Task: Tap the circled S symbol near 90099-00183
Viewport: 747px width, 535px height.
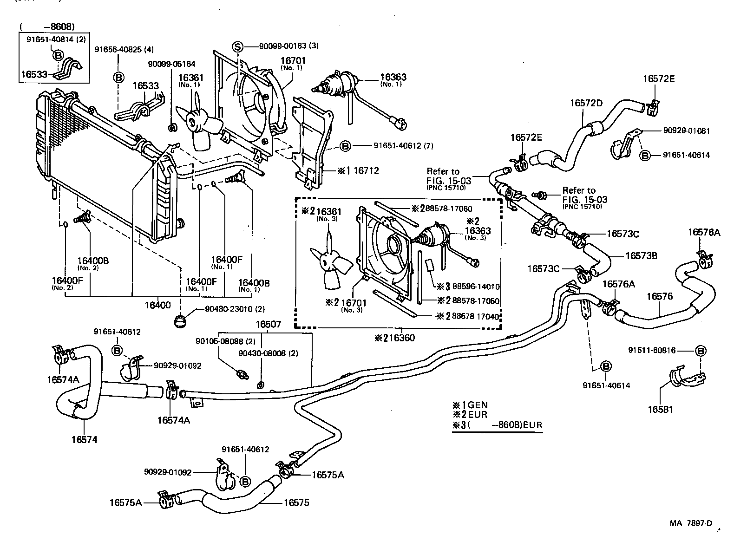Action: [237, 46]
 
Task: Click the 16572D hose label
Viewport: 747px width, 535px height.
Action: [586, 103]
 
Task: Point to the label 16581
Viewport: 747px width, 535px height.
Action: [660, 409]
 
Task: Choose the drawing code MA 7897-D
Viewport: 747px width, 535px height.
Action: [691, 523]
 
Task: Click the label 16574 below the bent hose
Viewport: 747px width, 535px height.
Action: [85, 439]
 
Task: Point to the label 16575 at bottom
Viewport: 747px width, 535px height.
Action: [296, 502]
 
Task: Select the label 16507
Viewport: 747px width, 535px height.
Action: [269, 324]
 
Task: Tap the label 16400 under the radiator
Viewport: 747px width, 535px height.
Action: [157, 305]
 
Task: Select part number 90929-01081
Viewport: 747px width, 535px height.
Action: [687, 131]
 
